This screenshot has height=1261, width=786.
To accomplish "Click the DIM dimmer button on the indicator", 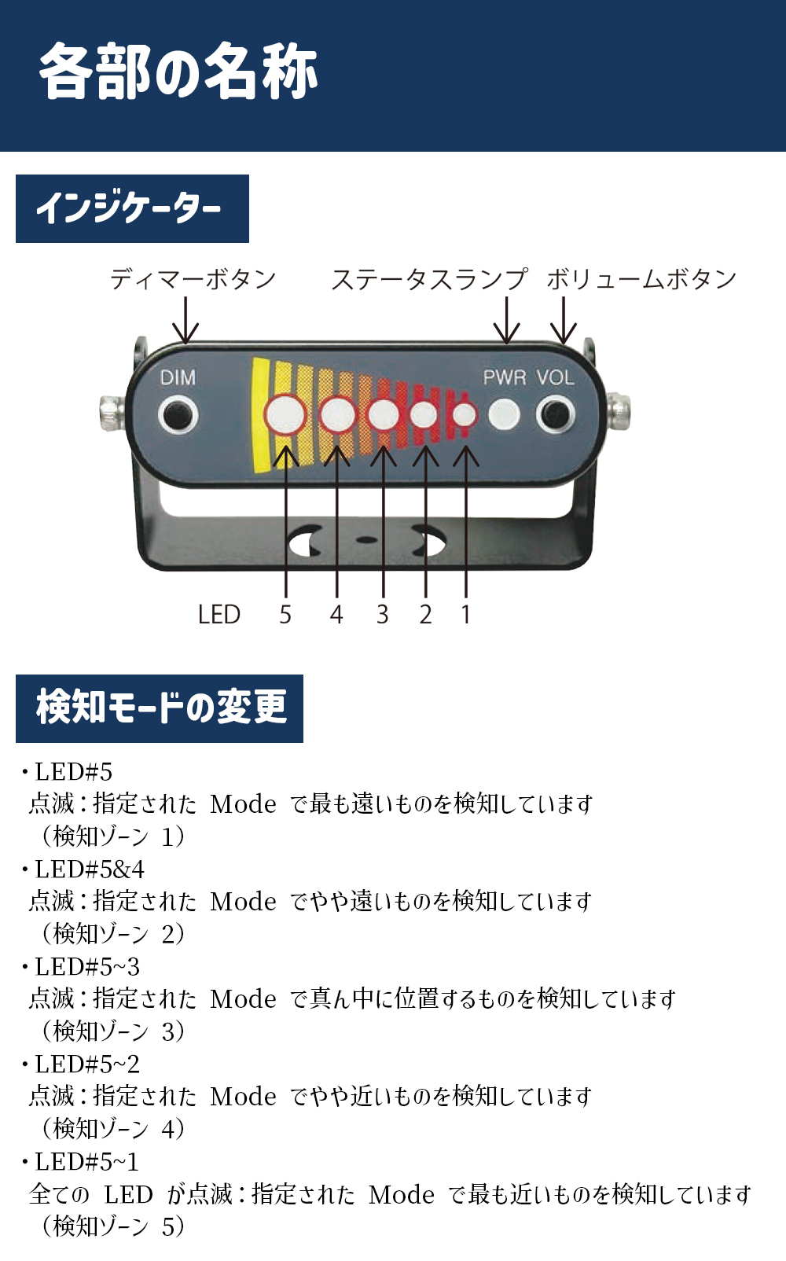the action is [x=178, y=415].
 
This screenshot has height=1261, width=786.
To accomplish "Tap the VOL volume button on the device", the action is [x=556, y=415].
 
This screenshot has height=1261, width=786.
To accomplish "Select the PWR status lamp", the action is [x=504, y=414].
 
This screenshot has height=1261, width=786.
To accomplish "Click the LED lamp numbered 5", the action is [x=285, y=415].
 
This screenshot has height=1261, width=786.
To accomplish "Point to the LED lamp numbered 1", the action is [x=465, y=415].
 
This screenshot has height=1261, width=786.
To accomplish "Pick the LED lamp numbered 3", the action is [x=384, y=415].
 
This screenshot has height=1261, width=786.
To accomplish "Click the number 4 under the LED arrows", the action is [x=336, y=614].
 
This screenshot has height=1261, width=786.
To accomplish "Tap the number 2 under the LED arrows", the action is [x=425, y=614].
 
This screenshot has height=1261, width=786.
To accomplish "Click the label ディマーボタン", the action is [x=193, y=279].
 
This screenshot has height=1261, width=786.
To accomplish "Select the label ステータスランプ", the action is [x=430, y=279].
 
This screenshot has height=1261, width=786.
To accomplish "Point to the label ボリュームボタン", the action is [x=641, y=279].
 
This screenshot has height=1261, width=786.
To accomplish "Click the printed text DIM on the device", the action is [x=178, y=377].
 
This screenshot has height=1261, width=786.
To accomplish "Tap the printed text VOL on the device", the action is [x=556, y=377].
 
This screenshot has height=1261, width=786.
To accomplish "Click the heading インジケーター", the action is [x=129, y=208].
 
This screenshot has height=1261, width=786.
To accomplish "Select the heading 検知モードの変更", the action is [x=162, y=708].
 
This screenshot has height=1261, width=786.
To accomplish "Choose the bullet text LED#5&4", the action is [x=90, y=869].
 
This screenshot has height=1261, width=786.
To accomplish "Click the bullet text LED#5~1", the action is [x=86, y=1162].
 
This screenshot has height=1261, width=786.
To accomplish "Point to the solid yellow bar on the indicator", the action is [x=261, y=415].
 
